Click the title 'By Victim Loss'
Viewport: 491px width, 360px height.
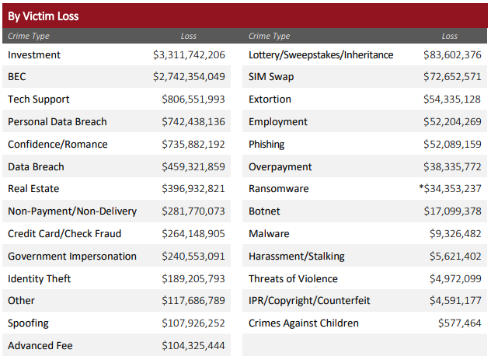pyautogui.click(x=44, y=16)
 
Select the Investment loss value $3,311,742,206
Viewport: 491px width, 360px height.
pyautogui.click(x=189, y=55)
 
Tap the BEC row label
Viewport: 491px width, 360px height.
pyautogui.click(x=17, y=77)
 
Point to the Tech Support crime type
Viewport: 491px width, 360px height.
pyautogui.click(x=38, y=100)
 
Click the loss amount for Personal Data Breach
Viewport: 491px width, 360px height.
pyautogui.click(x=193, y=122)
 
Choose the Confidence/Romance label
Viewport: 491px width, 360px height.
pyautogui.click(x=57, y=145)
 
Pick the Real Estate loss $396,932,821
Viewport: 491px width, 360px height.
pyautogui.click(x=193, y=189)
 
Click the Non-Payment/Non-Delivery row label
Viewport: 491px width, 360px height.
pyautogui.click(x=72, y=211)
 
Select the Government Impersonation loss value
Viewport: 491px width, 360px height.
pyautogui.click(x=193, y=257)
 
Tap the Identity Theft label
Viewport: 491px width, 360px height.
pyautogui.click(x=39, y=278)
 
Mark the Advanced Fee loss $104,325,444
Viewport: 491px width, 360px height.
pyautogui.click(x=193, y=346)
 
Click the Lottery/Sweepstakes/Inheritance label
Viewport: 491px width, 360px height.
pyautogui.click(x=321, y=55)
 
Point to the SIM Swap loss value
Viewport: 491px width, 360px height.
pyautogui.click(x=452, y=77)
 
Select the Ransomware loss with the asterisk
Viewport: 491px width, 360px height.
pyautogui.click(x=450, y=189)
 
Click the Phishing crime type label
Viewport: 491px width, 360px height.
pyautogui.click(x=266, y=145)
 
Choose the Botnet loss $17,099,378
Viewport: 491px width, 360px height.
pyautogui.click(x=452, y=211)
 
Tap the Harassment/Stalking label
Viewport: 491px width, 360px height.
pyautogui.click(x=297, y=257)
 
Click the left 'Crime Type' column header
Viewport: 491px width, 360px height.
pyautogui.click(x=29, y=36)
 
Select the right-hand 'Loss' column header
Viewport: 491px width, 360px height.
pyautogui.click(x=450, y=36)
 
